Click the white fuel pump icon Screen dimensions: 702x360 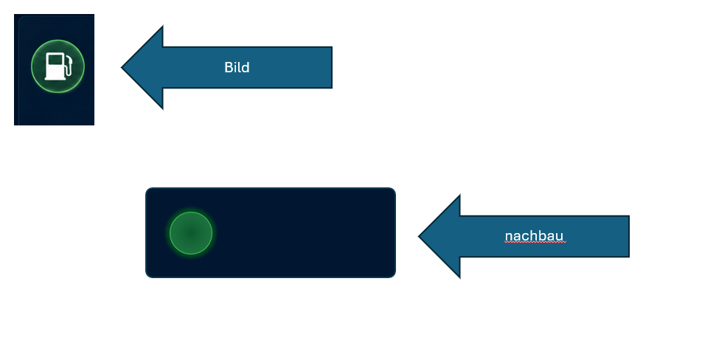coord(58,66)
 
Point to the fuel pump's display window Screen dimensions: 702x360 coord(55,60)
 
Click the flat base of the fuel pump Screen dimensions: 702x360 coord(55,79)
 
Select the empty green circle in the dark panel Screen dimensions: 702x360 coord(191,233)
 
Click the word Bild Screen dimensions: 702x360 coord(237,67)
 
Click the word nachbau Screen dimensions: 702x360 coord(534,235)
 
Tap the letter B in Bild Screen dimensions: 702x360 coord(229,67)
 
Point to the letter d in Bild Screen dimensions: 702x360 coord(246,67)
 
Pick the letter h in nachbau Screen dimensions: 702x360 coord(535,235)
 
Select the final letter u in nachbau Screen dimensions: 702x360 coord(560,237)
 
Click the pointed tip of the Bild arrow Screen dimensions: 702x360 coord(122,68)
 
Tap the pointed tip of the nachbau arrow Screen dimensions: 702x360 coord(419,236)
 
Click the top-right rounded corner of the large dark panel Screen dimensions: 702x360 coord(392,191)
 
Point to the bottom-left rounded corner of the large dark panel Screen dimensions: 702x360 coord(149,274)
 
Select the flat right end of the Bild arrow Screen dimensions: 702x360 coord(332,67)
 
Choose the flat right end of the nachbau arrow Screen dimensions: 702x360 coord(629,236)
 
